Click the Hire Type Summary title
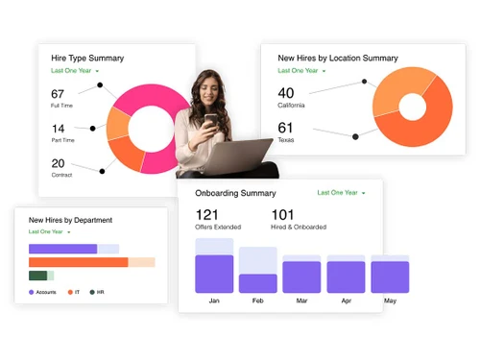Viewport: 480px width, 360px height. point(87,59)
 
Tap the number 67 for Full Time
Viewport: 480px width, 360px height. point(58,93)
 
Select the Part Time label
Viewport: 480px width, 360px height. point(62,141)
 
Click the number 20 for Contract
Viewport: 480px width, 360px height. point(58,163)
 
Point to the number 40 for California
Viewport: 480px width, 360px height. point(286,92)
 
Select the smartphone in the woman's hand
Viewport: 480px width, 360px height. point(210,121)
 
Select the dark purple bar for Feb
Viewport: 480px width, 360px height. point(258,283)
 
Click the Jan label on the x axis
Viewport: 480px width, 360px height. point(214,300)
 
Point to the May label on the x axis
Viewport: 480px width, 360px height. point(390,300)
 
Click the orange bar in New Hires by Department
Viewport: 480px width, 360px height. point(78,261)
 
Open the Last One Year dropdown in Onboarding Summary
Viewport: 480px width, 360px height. point(341,193)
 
